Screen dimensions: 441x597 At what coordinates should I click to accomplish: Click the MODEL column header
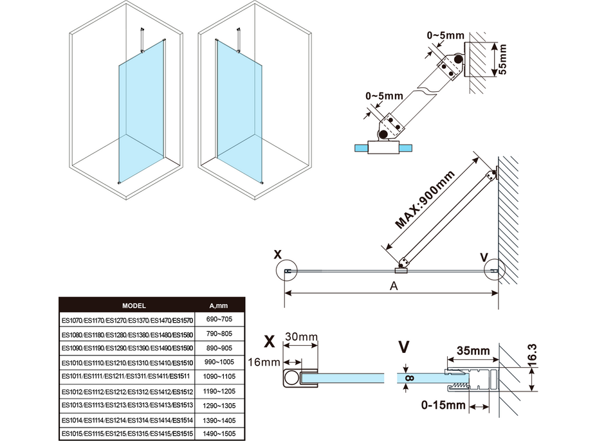[x=134, y=306]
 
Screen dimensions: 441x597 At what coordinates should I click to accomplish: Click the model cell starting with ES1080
[x=127, y=334]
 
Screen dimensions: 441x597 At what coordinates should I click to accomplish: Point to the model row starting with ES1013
[x=127, y=405]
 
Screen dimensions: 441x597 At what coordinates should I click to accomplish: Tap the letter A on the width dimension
[x=392, y=287]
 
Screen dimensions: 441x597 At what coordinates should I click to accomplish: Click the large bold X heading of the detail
[x=270, y=339]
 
